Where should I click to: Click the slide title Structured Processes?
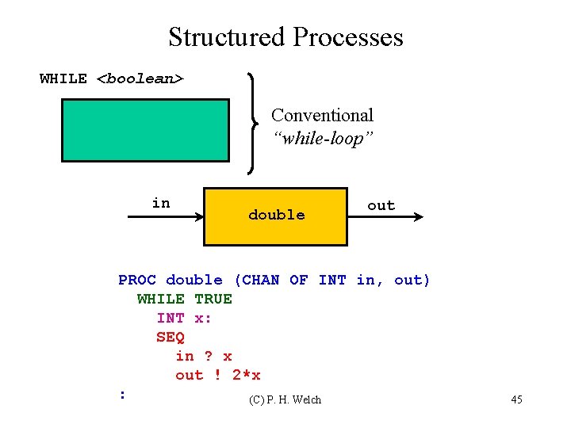[x=285, y=37]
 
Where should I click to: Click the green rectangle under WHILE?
[x=146, y=130]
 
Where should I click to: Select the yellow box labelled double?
[x=276, y=216]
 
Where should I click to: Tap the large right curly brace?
[x=252, y=123]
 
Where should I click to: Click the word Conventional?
[x=322, y=116]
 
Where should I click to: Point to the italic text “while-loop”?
[x=322, y=139]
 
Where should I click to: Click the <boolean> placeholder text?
[x=140, y=79]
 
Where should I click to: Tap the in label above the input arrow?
[x=161, y=203]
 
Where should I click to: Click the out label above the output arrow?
[x=381, y=205]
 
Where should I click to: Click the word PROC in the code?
[x=137, y=280]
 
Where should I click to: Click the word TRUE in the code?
[x=213, y=299]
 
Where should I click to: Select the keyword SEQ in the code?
[x=171, y=337]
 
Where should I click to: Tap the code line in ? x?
[x=204, y=356]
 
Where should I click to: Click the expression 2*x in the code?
[x=247, y=375]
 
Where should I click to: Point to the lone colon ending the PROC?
[x=121, y=393]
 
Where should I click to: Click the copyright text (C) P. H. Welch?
[x=285, y=399]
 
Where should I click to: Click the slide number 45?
[x=516, y=399]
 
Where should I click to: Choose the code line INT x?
[x=185, y=318]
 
